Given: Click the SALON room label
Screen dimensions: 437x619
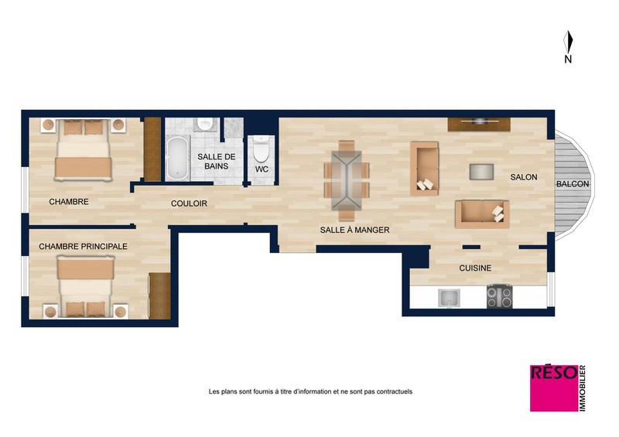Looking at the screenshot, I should pyautogui.click(x=523, y=178).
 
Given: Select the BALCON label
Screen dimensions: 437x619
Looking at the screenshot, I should pyautogui.click(x=573, y=184).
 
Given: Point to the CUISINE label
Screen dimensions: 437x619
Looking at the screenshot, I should pyautogui.click(x=475, y=268).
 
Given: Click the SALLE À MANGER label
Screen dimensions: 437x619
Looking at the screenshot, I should pyautogui.click(x=354, y=230).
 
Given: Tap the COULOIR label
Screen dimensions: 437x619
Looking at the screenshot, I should pyautogui.click(x=189, y=204).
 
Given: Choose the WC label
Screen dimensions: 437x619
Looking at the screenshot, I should pyautogui.click(x=262, y=169).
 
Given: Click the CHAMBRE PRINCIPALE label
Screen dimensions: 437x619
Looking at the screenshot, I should pyautogui.click(x=83, y=246).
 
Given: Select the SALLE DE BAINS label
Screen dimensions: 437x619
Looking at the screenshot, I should pyautogui.click(x=210, y=161).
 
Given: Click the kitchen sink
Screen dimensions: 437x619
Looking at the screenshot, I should pyautogui.click(x=449, y=298).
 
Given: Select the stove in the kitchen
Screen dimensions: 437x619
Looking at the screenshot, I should pyautogui.click(x=499, y=297).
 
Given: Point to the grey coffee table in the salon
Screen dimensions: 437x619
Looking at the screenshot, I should pyautogui.click(x=482, y=171).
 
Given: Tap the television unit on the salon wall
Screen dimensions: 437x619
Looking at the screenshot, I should pyautogui.click(x=478, y=122).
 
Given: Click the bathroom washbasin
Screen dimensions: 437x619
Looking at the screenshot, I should pyautogui.click(x=205, y=124).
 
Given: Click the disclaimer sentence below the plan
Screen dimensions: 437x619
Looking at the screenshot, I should pyautogui.click(x=310, y=391).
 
